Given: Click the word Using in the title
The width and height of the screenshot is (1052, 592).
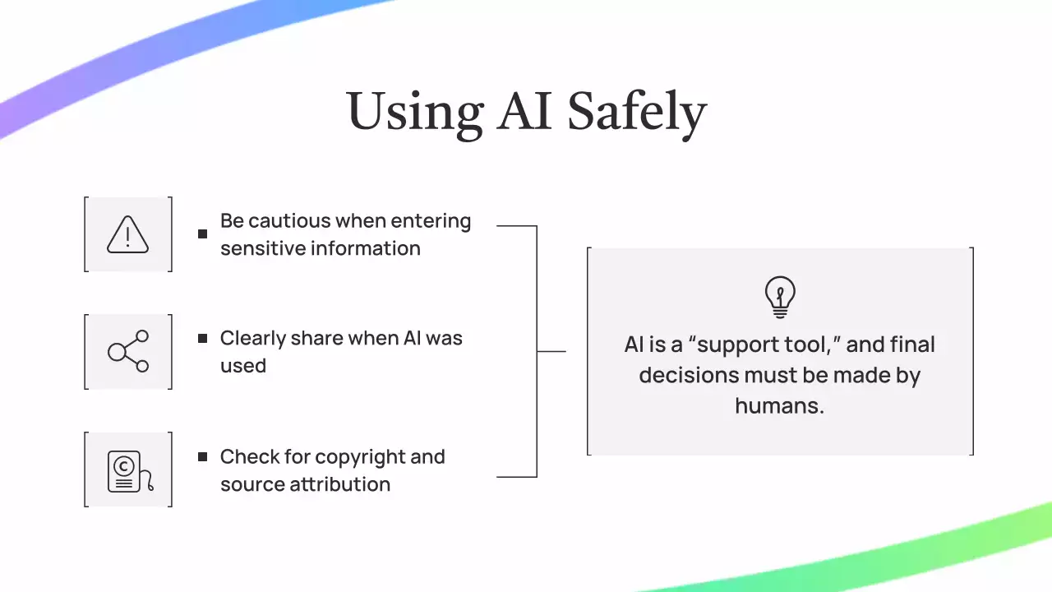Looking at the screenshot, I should pyautogui.click(x=414, y=112).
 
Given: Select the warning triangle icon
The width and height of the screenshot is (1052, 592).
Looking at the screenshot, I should pyautogui.click(x=128, y=234).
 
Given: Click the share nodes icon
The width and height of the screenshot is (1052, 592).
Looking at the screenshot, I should pyautogui.click(x=128, y=351).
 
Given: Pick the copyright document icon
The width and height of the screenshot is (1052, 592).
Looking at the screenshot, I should pyautogui.click(x=129, y=470).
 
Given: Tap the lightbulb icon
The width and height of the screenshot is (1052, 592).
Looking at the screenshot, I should pyautogui.click(x=780, y=297).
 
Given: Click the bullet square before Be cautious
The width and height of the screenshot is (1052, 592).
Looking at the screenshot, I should pyautogui.click(x=203, y=234).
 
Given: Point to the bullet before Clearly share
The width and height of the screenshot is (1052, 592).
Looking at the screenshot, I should pyautogui.click(x=203, y=338).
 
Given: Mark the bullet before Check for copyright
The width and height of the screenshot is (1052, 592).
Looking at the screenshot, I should pyautogui.click(x=203, y=456).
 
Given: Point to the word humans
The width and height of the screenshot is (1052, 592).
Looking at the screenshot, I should pyautogui.click(x=778, y=405).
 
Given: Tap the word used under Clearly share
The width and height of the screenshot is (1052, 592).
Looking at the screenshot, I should pyautogui.click(x=242, y=366).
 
